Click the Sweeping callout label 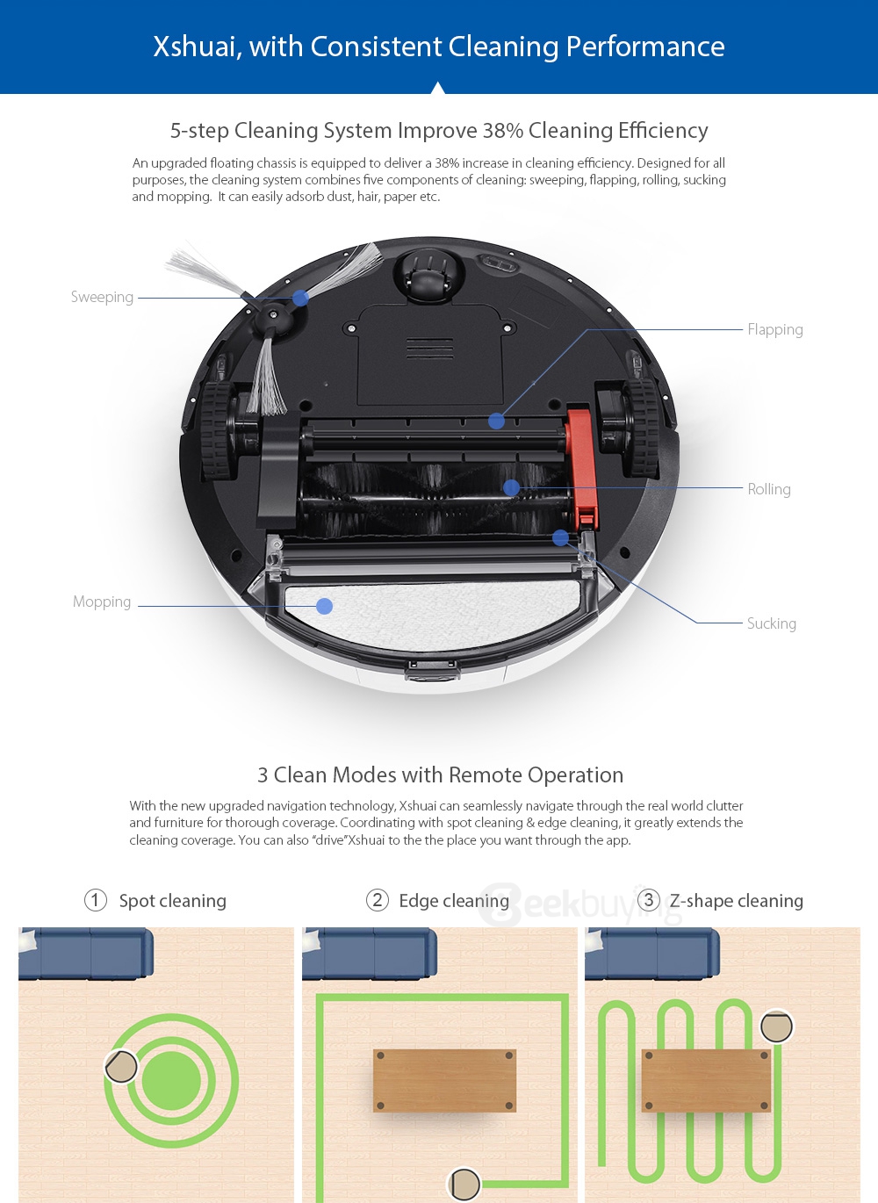[102, 297]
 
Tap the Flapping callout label [774, 329]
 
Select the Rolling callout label [768, 489]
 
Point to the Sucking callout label [771, 623]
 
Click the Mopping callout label [102, 601]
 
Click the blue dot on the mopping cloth [324, 606]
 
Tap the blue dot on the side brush [300, 298]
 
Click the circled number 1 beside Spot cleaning [96, 900]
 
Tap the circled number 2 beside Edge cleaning [378, 900]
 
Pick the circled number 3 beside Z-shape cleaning [649, 900]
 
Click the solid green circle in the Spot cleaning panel [170, 1081]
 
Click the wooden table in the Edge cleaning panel [444, 1080]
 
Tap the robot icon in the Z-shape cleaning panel [776, 1026]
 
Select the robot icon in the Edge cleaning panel [464, 1184]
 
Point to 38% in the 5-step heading [502, 131]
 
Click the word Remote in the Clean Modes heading [486, 775]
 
